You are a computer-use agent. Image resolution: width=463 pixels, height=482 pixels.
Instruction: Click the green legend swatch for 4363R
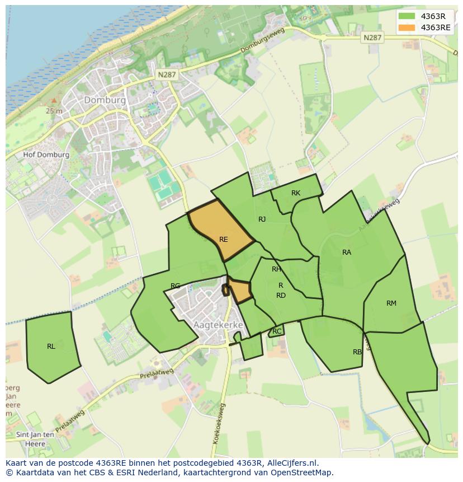tap(407, 16)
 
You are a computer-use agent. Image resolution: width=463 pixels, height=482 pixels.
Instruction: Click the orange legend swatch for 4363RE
tap(407, 27)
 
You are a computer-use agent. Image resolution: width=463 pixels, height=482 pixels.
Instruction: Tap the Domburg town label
tap(105, 100)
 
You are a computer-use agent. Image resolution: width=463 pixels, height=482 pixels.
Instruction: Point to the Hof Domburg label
tap(46, 155)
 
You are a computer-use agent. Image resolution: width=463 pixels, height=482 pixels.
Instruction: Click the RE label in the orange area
tap(224, 240)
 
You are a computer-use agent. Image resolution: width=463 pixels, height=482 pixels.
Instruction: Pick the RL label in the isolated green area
tap(51, 347)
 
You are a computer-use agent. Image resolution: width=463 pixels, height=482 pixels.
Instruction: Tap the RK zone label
tap(296, 193)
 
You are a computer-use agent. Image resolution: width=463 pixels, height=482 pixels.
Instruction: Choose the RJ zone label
tap(262, 219)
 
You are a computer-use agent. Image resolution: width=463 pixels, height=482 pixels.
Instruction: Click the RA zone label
tap(347, 252)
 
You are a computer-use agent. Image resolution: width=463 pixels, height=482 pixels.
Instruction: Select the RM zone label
tap(391, 303)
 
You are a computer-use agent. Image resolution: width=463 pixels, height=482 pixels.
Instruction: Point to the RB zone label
tap(357, 352)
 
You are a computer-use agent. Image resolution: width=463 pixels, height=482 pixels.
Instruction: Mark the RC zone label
tap(277, 331)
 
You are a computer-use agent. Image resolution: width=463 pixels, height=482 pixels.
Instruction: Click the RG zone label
tap(175, 286)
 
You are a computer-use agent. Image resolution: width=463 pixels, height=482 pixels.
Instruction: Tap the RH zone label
tap(276, 269)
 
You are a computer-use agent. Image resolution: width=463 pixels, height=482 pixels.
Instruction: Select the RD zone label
tap(281, 296)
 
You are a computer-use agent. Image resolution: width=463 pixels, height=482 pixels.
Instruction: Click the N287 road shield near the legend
tap(372, 38)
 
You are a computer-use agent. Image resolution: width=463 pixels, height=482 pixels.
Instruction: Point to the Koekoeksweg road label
tap(219, 423)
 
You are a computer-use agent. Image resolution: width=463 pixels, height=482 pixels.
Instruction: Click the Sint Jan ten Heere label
tap(35, 439)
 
